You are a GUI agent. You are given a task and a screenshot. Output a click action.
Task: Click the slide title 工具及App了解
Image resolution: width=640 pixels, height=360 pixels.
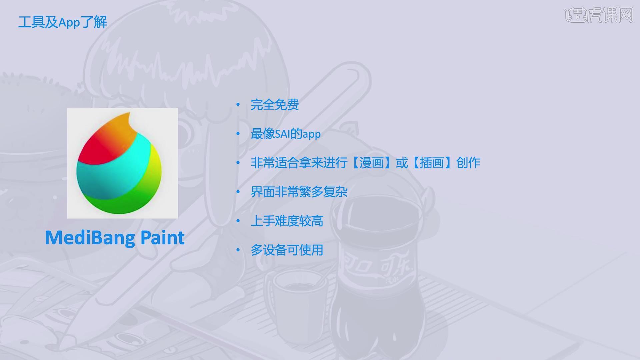click(63, 22)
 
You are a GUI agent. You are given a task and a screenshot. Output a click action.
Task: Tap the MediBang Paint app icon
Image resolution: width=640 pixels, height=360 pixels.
click(122, 163)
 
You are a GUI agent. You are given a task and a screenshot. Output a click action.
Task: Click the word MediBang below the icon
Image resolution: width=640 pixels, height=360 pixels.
click(90, 238)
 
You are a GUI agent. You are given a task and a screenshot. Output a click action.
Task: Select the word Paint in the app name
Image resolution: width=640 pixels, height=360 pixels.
click(162, 237)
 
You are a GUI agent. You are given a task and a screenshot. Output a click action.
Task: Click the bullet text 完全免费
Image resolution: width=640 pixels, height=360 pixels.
click(275, 105)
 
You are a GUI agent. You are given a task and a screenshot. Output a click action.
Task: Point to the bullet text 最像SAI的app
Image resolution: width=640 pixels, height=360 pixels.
click(286, 134)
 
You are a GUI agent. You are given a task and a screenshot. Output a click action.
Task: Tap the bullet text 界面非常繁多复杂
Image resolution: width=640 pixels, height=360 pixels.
click(299, 192)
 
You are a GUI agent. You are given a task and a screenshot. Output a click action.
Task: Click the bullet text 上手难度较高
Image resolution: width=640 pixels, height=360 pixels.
click(287, 221)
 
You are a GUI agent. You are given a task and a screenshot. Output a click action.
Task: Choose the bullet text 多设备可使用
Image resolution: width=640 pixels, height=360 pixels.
click(287, 250)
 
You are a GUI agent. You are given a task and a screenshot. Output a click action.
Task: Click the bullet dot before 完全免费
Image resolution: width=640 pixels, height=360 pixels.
click(238, 105)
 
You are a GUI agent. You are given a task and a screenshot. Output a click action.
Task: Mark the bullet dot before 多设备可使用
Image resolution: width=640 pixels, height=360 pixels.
click(238, 250)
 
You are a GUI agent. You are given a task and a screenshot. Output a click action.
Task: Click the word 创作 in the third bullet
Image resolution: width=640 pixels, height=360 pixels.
click(468, 163)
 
